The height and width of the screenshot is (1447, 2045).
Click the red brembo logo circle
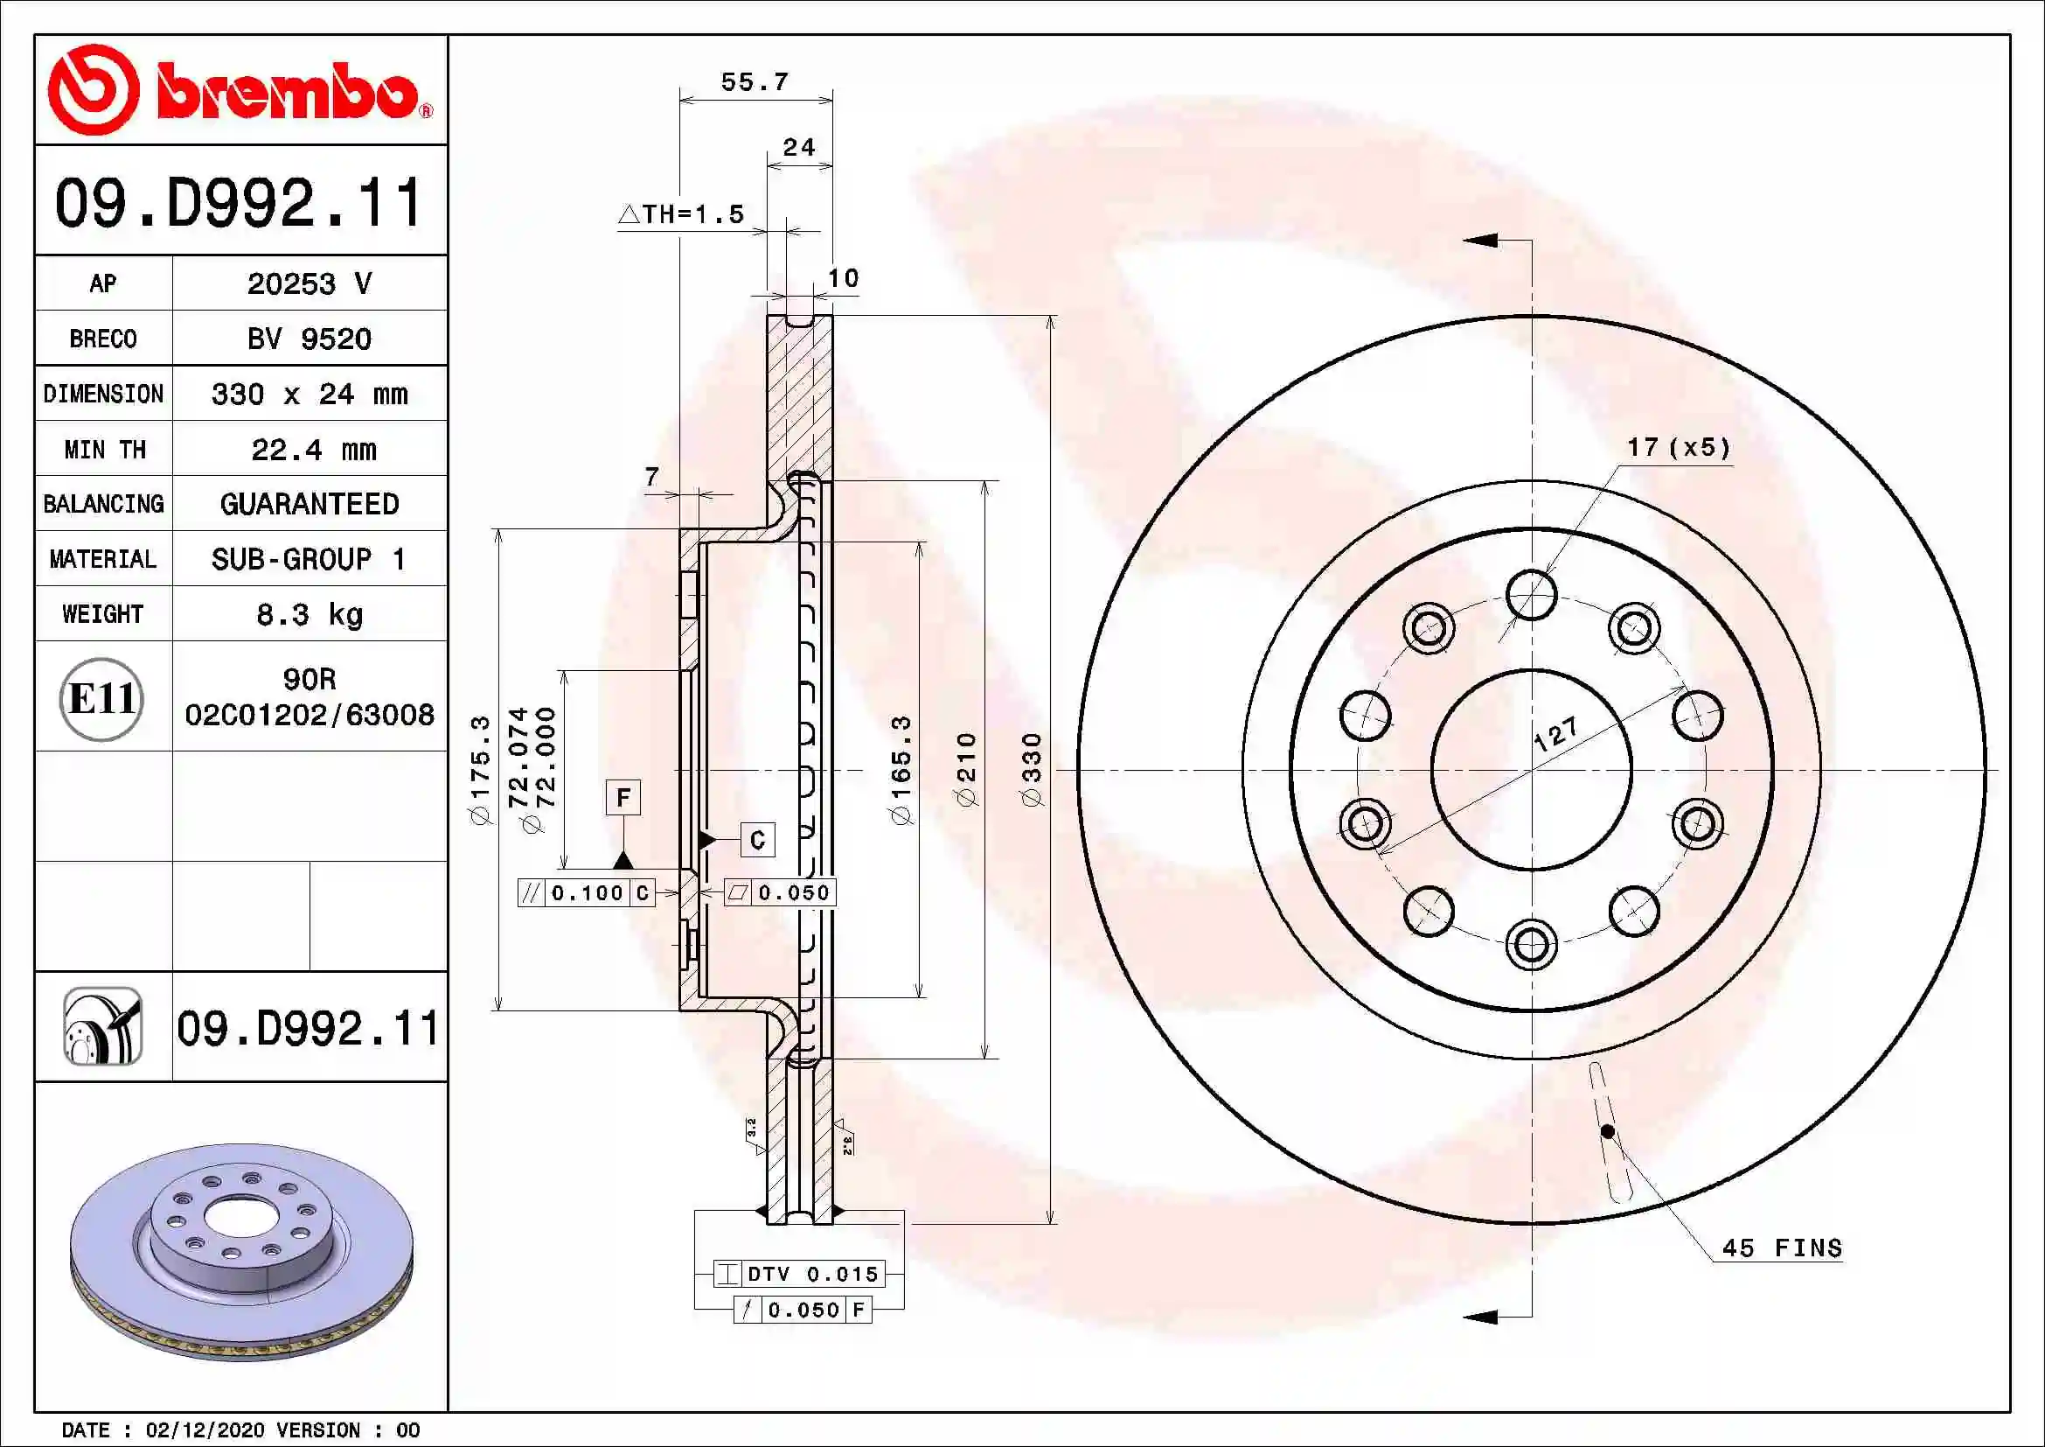pos(94,90)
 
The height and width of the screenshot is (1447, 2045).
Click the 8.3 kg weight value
pos(309,615)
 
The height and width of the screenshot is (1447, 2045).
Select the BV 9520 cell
pos(309,339)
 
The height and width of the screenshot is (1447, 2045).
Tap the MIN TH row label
pos(104,449)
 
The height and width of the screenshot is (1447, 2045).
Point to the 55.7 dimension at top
pos(755,82)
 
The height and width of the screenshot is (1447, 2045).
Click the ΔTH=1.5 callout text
pos(681,213)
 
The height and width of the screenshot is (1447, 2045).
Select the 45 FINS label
pos(1781,1248)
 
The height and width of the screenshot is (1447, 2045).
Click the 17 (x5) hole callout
pos(1678,447)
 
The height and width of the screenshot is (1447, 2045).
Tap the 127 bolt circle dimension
pos(1555,734)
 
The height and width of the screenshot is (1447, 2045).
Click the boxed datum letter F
pos(623,797)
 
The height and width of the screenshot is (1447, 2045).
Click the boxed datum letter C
pos(758,839)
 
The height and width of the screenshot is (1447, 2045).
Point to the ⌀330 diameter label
pos(1032,770)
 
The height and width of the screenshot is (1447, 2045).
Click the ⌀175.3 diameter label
pos(481,770)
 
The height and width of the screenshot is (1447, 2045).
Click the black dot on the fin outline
pos(1608,1131)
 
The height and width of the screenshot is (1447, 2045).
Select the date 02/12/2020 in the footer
pos(204,1430)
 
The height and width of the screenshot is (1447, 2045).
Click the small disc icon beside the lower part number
pos(102,1026)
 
